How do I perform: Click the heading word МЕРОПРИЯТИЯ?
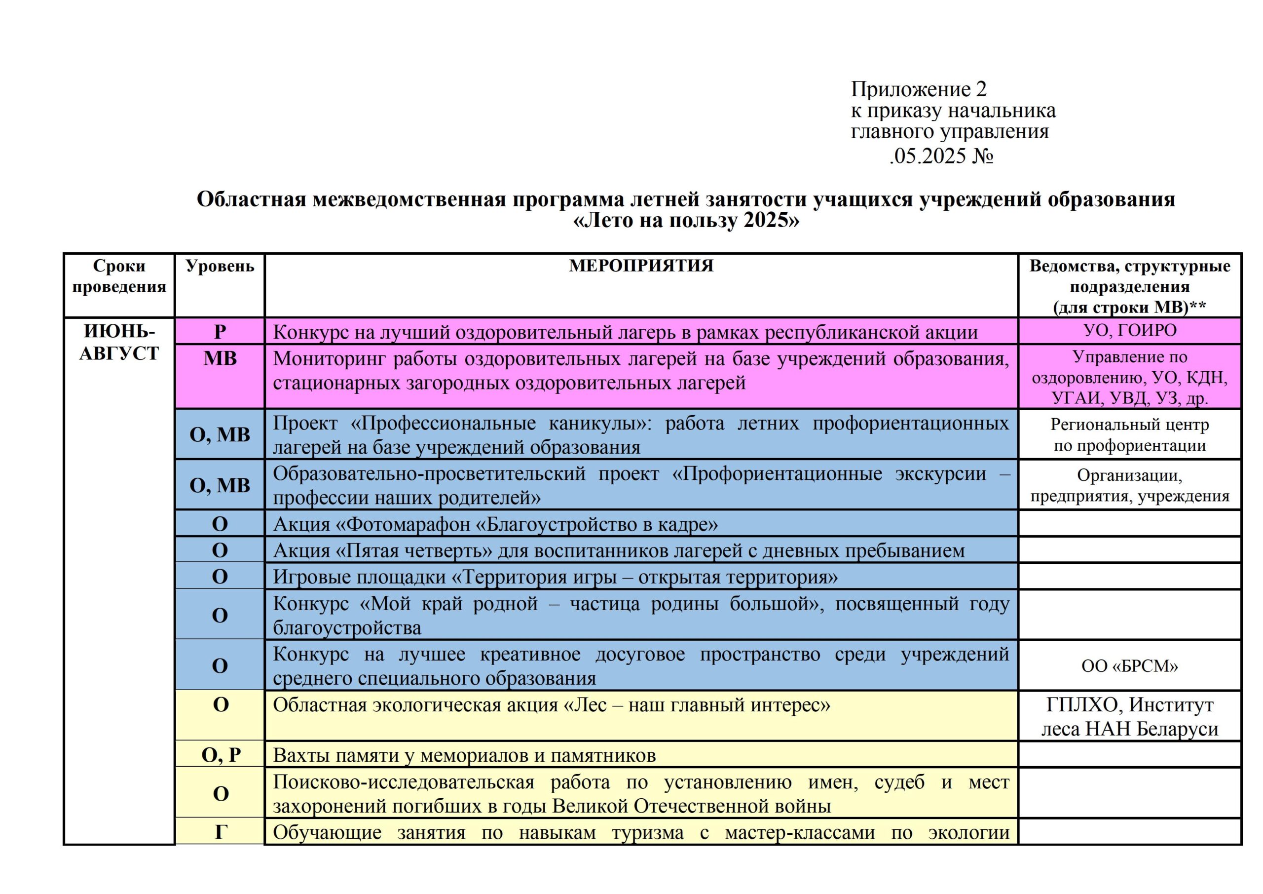click(x=641, y=266)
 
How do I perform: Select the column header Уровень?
click(x=220, y=267)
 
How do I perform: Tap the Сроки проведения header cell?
click(x=119, y=276)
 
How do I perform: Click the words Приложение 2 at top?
click(x=919, y=89)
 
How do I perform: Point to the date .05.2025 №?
click(x=941, y=156)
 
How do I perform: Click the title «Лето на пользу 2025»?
click(x=685, y=220)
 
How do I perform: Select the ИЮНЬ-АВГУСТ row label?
click(x=119, y=342)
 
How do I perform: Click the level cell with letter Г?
click(x=220, y=831)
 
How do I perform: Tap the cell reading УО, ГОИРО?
click(x=1129, y=330)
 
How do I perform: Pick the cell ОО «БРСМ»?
click(x=1129, y=666)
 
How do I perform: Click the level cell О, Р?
click(x=220, y=755)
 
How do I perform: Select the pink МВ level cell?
click(x=220, y=359)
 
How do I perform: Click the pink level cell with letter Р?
click(x=220, y=332)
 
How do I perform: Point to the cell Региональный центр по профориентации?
click(x=1129, y=435)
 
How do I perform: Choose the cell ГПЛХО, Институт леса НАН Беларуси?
click(x=1129, y=717)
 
